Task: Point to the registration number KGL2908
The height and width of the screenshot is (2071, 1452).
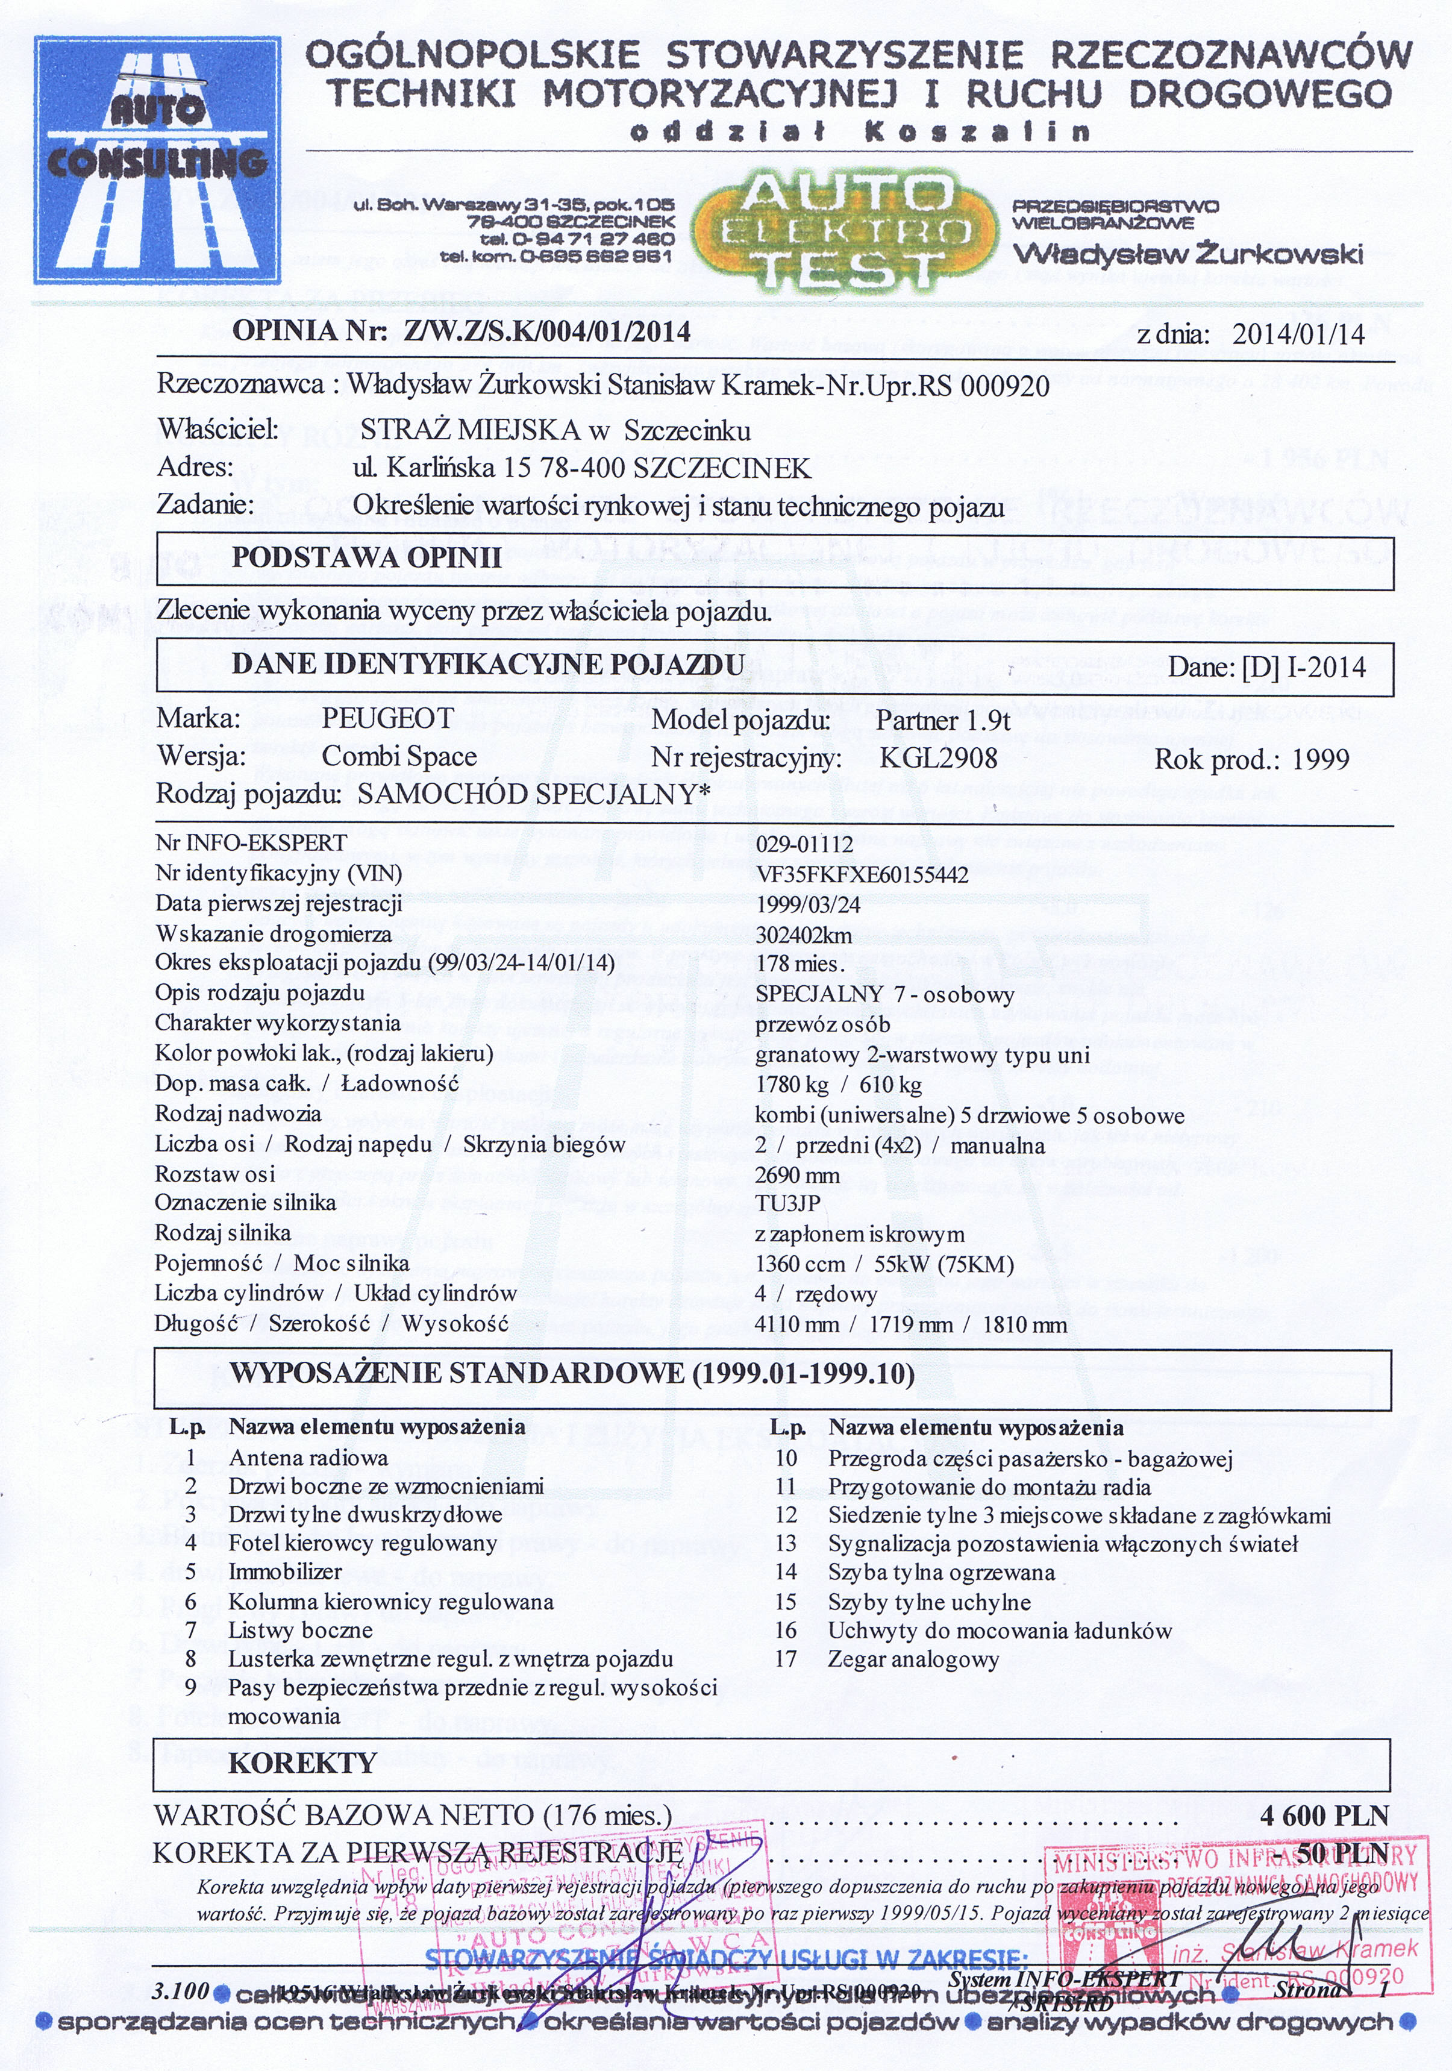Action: click(938, 757)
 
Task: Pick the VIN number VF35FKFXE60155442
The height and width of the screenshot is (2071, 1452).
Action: click(862, 874)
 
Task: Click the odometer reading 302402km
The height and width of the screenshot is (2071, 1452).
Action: click(804, 935)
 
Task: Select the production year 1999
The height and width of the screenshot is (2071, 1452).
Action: click(1320, 759)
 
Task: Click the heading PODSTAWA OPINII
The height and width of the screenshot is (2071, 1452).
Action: click(366, 557)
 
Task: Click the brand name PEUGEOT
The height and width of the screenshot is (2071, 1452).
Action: click(388, 719)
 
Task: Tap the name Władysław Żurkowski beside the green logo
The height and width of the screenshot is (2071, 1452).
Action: click(1188, 254)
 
